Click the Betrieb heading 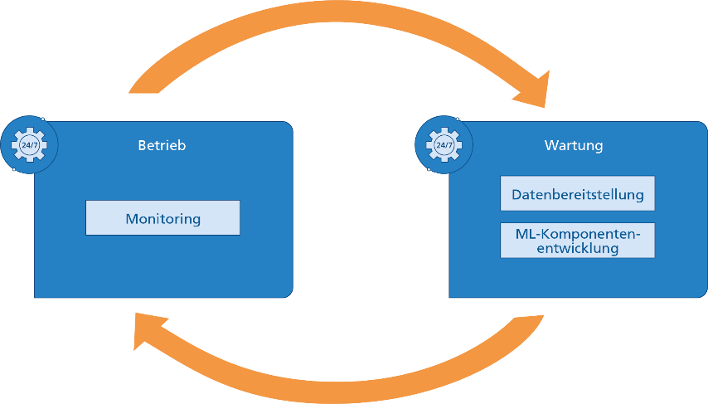pos(162,146)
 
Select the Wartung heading pos(574,146)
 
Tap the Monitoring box pos(162,219)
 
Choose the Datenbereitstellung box pos(577,194)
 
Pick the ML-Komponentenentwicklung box pos(577,241)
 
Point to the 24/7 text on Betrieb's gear pos(28,145)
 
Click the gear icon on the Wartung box pos(444,145)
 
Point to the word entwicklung pos(577,248)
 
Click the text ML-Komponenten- pos(577,233)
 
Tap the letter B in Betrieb pos(142,146)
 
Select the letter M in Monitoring pos(131,219)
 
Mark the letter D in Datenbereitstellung pos(516,195)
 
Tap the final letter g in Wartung pos(599,148)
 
